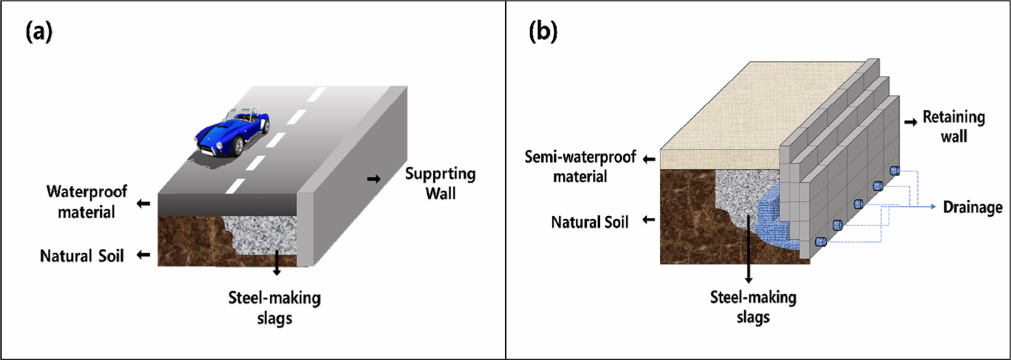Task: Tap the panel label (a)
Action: pos(39,32)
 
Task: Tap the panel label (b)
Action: pos(543,32)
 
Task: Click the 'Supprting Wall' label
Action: pos(440,183)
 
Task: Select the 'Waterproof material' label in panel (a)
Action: pos(87,201)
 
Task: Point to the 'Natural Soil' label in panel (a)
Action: pos(82,256)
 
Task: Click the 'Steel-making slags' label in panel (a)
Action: pos(274,308)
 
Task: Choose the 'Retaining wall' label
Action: pos(954,127)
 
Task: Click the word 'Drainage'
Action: pos(973,207)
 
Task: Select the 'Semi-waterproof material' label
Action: pos(580,166)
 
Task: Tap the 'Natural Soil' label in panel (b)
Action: pos(590,222)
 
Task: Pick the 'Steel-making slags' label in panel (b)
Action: pos(753,307)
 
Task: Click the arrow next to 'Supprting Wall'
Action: pos(373,179)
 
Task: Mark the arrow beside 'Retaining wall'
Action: pos(911,122)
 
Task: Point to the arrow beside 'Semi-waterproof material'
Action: pos(649,159)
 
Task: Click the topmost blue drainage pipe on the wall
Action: pos(895,171)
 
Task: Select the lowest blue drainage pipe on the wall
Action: pos(821,242)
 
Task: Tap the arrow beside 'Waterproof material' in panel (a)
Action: pos(143,204)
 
